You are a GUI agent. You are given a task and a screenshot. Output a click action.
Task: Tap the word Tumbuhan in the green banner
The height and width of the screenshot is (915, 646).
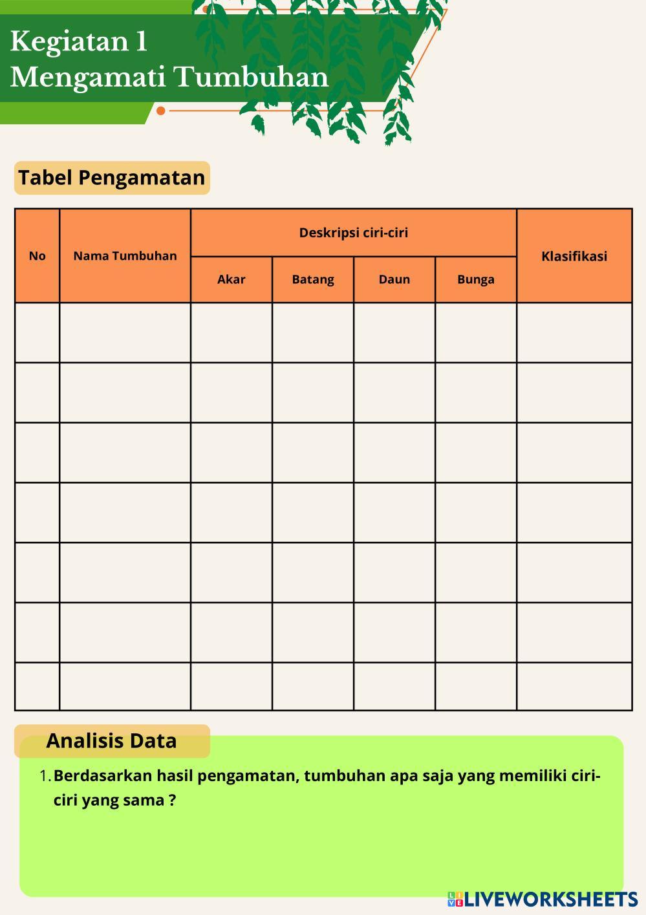click(252, 78)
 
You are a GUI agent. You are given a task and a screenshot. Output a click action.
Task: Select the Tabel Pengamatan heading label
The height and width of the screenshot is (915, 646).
click(112, 178)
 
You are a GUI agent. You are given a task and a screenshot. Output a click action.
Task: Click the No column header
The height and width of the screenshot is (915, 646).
click(38, 256)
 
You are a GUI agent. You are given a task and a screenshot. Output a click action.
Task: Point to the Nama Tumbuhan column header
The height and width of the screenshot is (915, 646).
click(125, 256)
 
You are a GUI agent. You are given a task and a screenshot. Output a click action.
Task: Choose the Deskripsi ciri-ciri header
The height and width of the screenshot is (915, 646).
click(353, 233)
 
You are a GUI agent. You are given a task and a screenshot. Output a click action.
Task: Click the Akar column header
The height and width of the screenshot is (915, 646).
click(231, 279)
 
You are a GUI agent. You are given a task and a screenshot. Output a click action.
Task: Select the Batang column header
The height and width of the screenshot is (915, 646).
click(313, 279)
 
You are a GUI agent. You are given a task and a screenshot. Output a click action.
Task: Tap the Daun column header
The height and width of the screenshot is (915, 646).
click(394, 279)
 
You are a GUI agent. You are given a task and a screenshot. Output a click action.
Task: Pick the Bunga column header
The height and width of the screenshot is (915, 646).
click(476, 279)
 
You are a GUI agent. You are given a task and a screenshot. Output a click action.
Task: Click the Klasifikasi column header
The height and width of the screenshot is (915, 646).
click(574, 256)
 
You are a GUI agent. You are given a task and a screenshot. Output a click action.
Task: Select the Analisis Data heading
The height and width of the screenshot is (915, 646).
click(111, 741)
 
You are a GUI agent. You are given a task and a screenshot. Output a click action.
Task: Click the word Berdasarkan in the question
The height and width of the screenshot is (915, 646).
click(103, 776)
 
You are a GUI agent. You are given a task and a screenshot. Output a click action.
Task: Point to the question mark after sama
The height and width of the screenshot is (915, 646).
click(172, 801)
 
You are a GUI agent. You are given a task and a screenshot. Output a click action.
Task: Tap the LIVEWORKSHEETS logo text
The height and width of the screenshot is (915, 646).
click(551, 899)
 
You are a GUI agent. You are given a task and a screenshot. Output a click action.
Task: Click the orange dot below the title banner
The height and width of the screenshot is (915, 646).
click(161, 111)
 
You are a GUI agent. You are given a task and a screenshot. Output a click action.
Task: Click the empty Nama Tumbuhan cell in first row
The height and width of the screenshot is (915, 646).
click(125, 332)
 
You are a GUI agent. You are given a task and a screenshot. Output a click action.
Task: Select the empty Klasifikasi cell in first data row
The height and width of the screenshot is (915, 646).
click(574, 332)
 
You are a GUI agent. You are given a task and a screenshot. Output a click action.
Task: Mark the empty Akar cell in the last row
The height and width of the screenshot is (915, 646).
click(231, 686)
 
